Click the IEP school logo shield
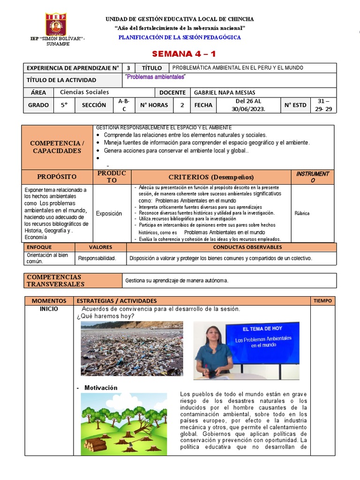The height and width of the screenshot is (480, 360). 56,23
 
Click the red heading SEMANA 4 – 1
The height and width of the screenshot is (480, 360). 180,53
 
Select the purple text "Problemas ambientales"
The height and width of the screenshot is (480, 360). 156,77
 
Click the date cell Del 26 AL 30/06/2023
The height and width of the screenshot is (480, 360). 248,105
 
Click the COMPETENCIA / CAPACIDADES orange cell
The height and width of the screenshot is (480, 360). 57,147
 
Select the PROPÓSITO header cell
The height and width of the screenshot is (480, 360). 57,177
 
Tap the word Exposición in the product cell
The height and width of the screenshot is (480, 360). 109,214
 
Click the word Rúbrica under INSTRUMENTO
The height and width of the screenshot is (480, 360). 302,213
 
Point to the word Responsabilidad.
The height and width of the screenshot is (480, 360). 97,258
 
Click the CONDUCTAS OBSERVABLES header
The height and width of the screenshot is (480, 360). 247,247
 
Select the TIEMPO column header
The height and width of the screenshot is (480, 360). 322,300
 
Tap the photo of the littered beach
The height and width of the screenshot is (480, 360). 132,348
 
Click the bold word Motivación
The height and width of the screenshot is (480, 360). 101,388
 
